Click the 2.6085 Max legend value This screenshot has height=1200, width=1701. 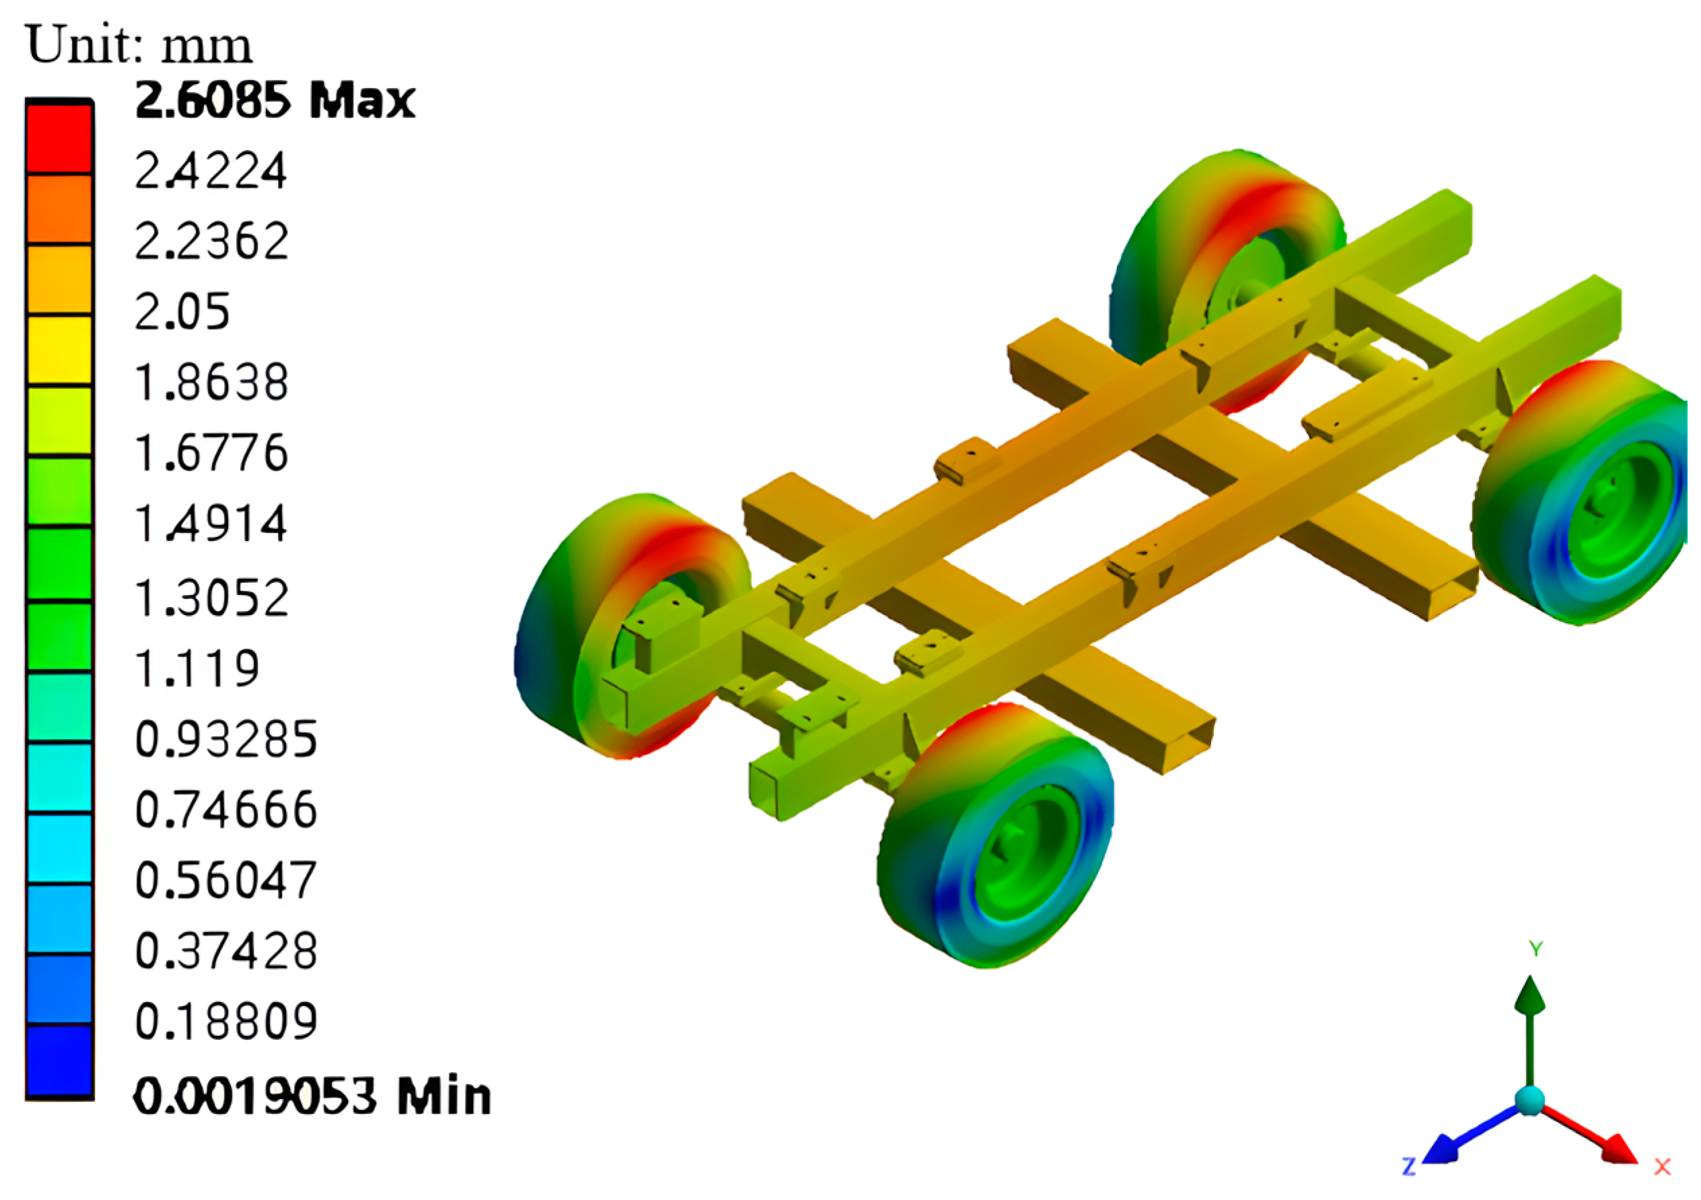point(275,100)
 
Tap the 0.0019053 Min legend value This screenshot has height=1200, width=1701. point(312,1096)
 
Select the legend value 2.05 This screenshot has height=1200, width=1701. point(182,312)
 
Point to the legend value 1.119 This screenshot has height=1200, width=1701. point(197,668)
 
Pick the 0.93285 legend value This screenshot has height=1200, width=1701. point(226,739)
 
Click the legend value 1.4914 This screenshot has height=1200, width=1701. point(211,525)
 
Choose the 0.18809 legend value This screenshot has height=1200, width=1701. point(226,1022)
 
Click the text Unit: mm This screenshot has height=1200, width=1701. point(139,46)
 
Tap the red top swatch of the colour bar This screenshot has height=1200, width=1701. point(59,138)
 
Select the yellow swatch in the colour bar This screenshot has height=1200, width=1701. point(59,351)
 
